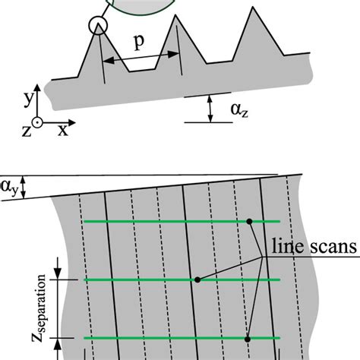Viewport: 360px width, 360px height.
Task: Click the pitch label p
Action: pos(139,43)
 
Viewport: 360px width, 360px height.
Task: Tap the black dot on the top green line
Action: pos(249,222)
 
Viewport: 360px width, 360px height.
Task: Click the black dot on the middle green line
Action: pos(197,279)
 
